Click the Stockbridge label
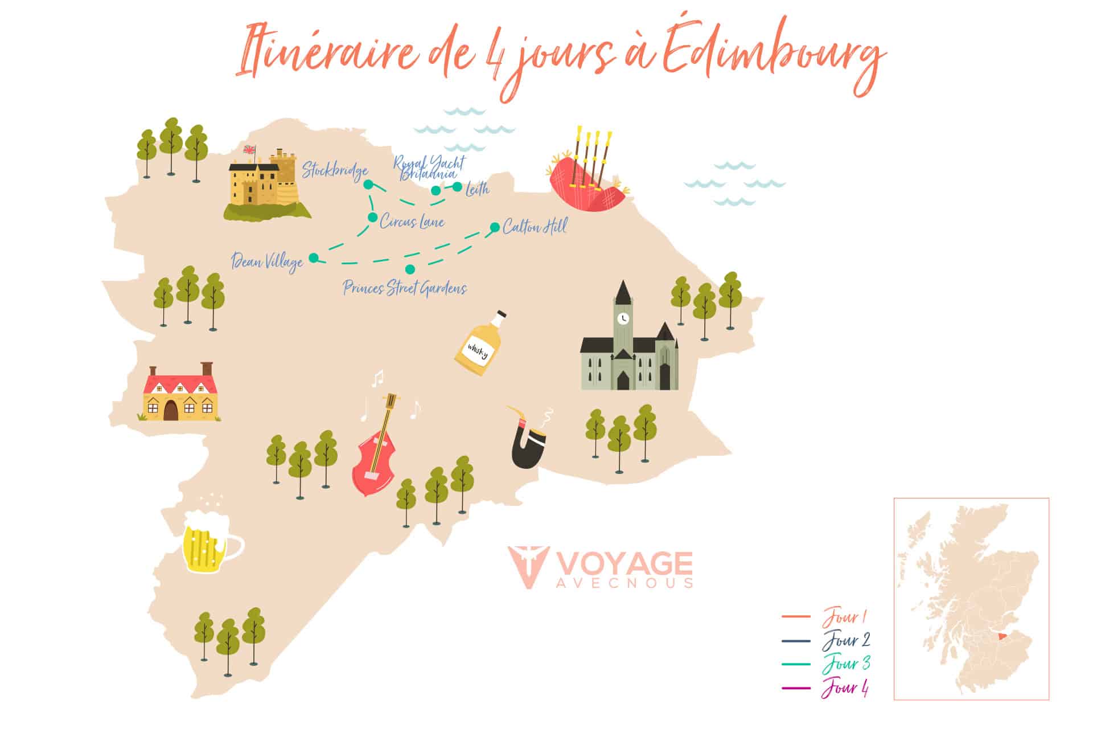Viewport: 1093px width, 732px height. click(x=335, y=170)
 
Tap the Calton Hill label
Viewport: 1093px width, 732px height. click(x=534, y=227)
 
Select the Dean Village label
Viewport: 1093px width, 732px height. click(x=267, y=262)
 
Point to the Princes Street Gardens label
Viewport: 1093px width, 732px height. click(x=405, y=288)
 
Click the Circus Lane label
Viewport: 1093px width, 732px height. click(x=412, y=222)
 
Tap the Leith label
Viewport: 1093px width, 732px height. click(x=477, y=189)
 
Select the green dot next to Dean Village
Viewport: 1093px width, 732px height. click(x=313, y=258)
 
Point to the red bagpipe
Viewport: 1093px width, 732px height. click(x=586, y=182)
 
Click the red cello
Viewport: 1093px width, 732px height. click(x=376, y=450)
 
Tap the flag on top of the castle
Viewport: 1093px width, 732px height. click(x=249, y=150)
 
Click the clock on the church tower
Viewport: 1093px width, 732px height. click(x=624, y=318)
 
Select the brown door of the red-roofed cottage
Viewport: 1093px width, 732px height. click(x=170, y=410)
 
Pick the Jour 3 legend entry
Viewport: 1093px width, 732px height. click(x=846, y=664)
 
